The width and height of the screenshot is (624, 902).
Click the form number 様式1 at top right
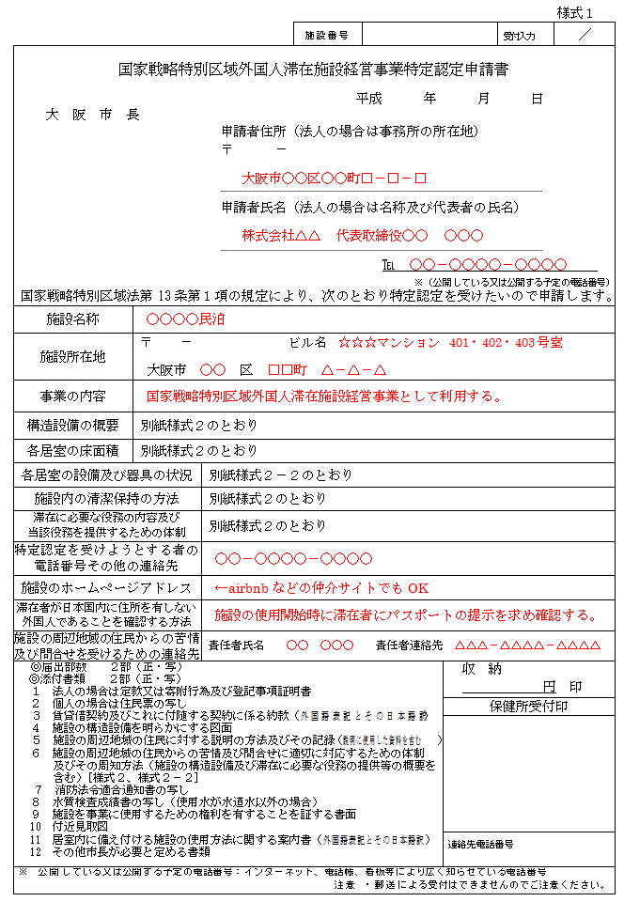pyautogui.click(x=574, y=13)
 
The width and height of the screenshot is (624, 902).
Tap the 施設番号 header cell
pyautogui.click(x=327, y=36)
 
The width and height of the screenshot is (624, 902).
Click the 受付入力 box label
pyautogui.click(x=519, y=36)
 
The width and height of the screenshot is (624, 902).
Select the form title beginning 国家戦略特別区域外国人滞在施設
pyautogui.click(x=315, y=70)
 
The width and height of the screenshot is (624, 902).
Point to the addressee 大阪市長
pyautogui.click(x=93, y=115)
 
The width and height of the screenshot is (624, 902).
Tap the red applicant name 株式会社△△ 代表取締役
pyautogui.click(x=362, y=235)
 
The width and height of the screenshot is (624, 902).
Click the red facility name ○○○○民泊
pyautogui.click(x=185, y=319)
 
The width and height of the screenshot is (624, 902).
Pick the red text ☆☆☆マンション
pyautogui.click(x=388, y=343)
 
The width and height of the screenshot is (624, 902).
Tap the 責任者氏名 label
pyautogui.click(x=236, y=645)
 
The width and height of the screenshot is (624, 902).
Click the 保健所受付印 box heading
pyautogui.click(x=528, y=706)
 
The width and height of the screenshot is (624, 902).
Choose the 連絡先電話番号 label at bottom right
pyautogui.click(x=480, y=844)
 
